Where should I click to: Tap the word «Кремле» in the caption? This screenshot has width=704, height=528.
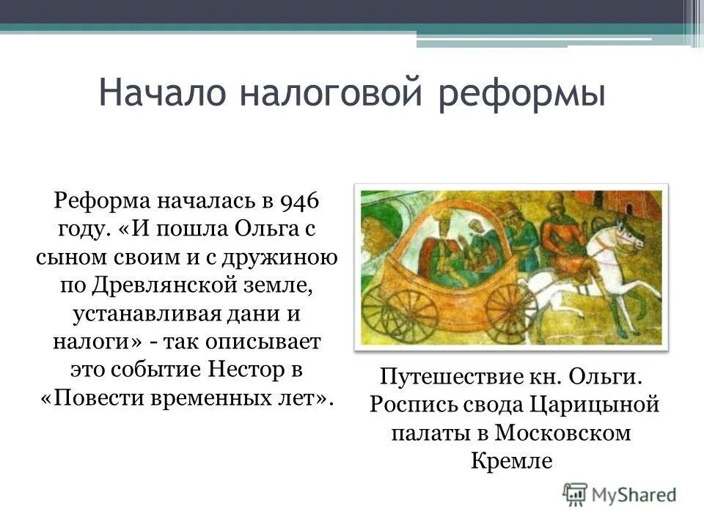click(508, 460)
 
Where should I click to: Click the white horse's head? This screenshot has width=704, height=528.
click(623, 234)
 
